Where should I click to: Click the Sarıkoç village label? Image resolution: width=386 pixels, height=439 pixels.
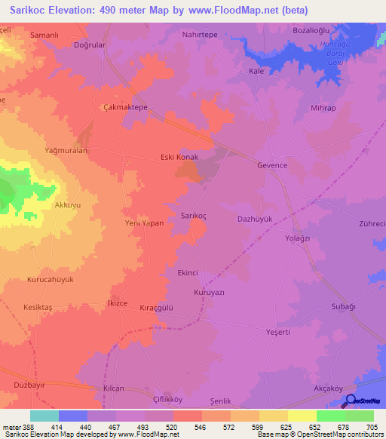coord(194,215)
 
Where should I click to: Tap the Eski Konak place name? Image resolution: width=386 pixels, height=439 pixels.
coord(179,157)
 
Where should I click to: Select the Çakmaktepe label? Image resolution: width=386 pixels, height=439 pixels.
coord(125,108)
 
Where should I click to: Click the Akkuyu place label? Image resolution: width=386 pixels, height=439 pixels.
coord(67,204)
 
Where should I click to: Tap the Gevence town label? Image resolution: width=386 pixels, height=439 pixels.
coord(272,165)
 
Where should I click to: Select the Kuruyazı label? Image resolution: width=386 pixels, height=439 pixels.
coord(210,292)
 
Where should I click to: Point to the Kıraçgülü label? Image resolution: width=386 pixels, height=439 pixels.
coord(156,308)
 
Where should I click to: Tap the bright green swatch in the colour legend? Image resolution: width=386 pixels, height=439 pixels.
coord(330,416)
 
